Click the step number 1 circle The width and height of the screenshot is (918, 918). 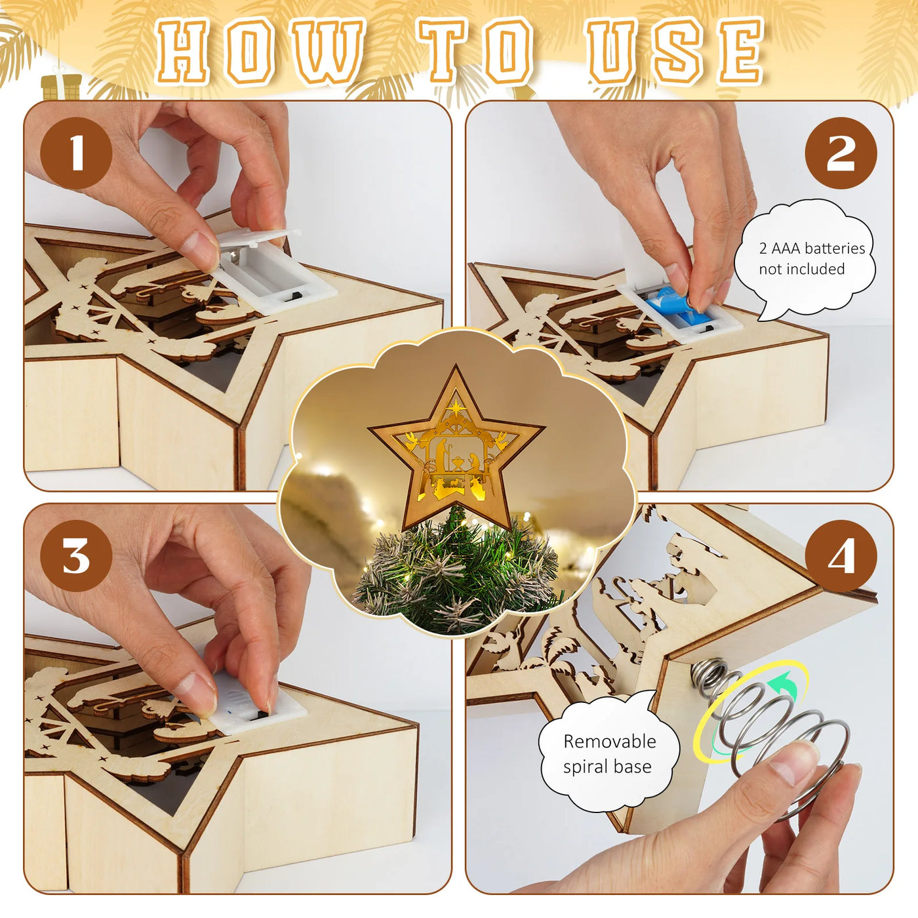coord(76,153)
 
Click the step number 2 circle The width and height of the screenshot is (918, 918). coord(841,153)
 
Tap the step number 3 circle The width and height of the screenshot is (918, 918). coord(76,555)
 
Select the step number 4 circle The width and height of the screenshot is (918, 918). coord(841,555)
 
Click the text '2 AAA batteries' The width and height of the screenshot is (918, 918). coord(812,249)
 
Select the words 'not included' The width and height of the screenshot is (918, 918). coord(802,269)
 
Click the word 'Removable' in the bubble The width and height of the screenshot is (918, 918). coord(610,741)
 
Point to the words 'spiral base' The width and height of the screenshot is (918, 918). coord(607,767)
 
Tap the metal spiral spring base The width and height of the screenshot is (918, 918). coord(767,724)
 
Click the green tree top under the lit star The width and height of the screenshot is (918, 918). coord(457,572)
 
